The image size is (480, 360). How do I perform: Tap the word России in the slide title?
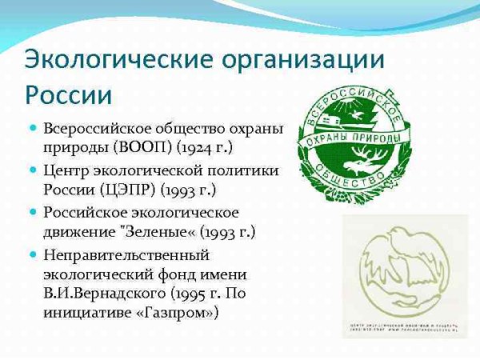click(x=68, y=95)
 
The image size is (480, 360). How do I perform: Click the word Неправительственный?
click(x=126, y=254)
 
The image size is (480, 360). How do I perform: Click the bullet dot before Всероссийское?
click(x=33, y=128)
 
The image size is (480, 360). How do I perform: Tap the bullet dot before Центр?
click(x=33, y=170)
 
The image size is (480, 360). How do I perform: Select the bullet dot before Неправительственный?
click(x=33, y=254)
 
